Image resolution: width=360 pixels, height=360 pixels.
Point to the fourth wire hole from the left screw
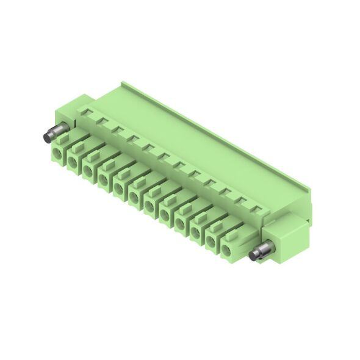pyautogui.click(x=104, y=179)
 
